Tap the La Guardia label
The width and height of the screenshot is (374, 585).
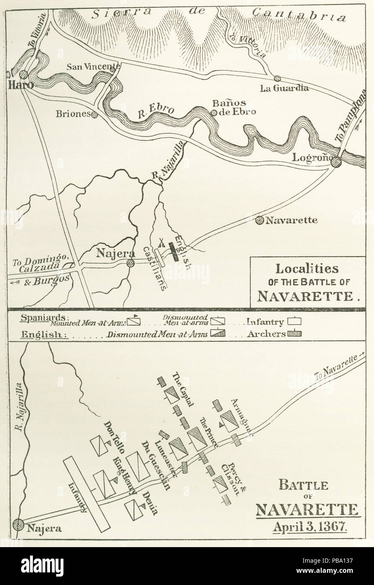(290, 88)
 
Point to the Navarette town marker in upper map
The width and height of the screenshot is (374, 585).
(260, 219)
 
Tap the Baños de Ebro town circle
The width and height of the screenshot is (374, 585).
(214, 112)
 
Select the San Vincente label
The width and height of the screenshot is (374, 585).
(94, 66)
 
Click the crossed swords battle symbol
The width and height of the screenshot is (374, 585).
(161, 243)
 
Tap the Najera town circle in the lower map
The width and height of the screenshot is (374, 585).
(18, 524)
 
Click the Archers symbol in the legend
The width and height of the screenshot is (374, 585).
(295, 334)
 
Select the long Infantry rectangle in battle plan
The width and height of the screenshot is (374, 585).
(87, 493)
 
